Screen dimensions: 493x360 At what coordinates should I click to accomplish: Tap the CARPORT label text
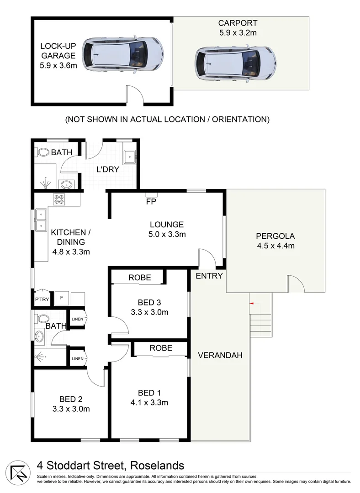click(x=238, y=23)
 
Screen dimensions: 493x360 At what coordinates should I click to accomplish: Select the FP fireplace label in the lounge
click(x=150, y=201)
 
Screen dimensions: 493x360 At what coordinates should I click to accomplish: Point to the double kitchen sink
click(x=41, y=220)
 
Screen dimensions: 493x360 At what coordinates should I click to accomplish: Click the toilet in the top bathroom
click(x=43, y=152)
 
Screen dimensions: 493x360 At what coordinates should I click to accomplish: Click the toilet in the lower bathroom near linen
click(x=43, y=318)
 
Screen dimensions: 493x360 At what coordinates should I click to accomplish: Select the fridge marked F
click(x=61, y=298)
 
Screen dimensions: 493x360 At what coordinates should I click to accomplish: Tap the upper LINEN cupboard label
click(x=77, y=319)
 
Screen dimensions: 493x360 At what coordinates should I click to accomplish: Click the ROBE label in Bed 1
click(x=161, y=348)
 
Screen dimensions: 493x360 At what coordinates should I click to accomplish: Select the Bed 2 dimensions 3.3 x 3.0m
click(x=70, y=409)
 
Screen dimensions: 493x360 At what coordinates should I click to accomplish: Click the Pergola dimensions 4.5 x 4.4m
click(x=275, y=246)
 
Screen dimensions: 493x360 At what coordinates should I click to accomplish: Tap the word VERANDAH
click(x=220, y=356)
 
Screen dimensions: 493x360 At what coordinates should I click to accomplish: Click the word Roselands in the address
click(x=157, y=466)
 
